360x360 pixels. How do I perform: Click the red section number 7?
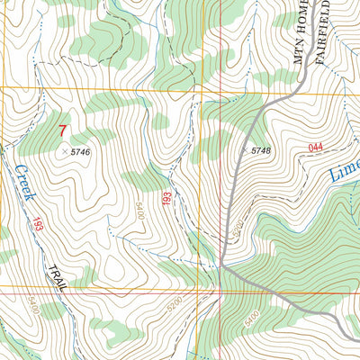coord(62,131)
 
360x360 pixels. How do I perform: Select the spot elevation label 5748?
coord(261,149)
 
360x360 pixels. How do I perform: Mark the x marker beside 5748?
coord(244,148)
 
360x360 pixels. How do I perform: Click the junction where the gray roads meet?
coord(221,264)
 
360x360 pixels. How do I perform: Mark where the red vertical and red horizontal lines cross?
coord(221,290)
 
